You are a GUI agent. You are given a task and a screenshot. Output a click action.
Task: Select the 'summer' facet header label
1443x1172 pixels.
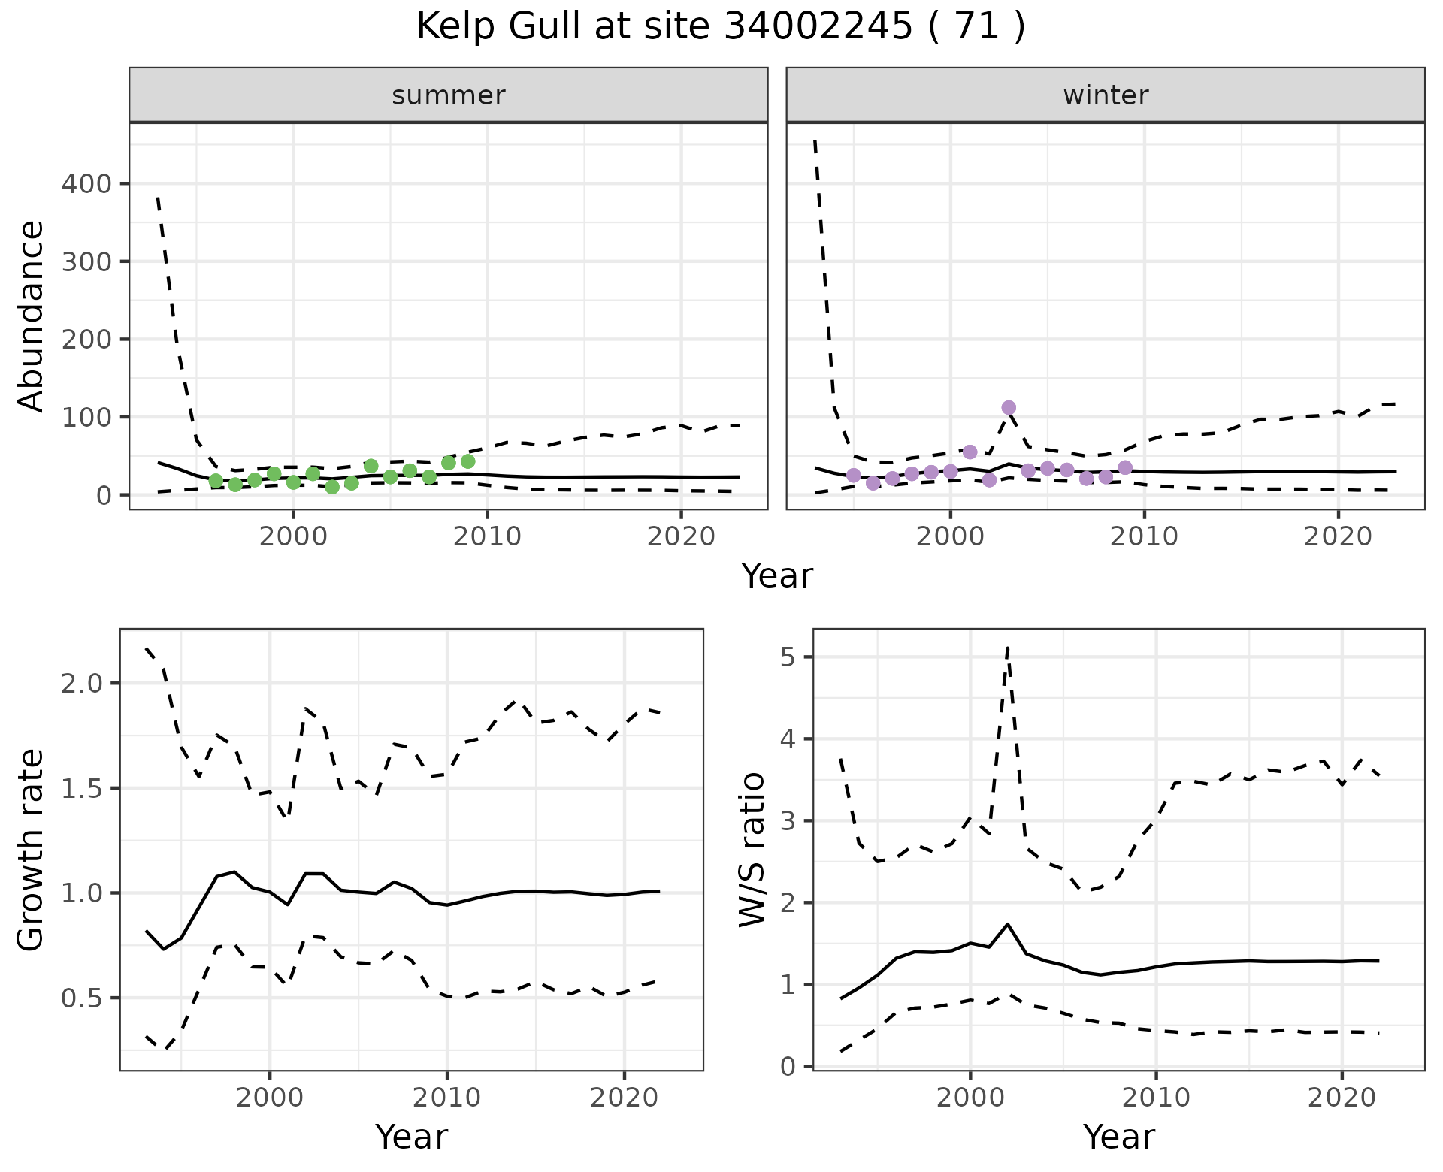[448, 95]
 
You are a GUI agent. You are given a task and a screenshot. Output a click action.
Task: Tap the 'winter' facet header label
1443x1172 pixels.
[1105, 95]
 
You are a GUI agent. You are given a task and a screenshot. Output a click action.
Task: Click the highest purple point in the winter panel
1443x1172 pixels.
[1009, 408]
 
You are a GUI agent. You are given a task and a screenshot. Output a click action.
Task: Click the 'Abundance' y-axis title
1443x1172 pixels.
[32, 316]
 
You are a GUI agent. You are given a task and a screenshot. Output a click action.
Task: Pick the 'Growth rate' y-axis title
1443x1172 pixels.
[32, 850]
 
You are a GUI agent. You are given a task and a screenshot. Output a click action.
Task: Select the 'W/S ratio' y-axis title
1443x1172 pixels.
[752, 850]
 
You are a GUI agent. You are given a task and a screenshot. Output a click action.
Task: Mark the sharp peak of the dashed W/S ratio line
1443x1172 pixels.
[1007, 647]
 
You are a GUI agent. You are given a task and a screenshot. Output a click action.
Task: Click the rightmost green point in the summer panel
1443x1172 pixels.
[467, 461]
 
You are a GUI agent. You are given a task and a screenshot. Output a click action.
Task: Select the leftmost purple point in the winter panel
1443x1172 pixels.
[853, 475]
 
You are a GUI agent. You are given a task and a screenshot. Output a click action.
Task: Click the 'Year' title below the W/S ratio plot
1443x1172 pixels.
[1118, 1137]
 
